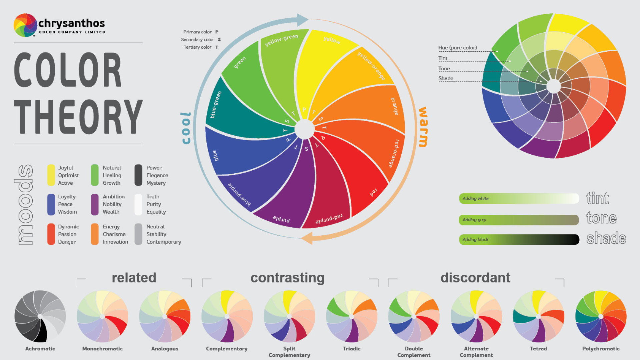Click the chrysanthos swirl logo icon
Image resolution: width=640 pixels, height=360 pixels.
point(25,25)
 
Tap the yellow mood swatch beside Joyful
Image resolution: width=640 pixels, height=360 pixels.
point(51,175)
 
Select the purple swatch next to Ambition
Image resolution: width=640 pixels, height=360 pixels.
point(95,204)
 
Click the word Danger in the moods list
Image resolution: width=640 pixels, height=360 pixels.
point(67,242)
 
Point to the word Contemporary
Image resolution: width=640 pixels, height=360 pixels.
point(164,242)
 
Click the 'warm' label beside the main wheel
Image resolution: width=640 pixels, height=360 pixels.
point(423,127)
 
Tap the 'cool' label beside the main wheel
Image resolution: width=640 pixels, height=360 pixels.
point(186,128)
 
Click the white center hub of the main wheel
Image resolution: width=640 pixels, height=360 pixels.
point(304,129)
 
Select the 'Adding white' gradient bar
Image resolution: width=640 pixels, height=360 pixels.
point(519,198)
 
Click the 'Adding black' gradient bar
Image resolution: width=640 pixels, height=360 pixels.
point(519,239)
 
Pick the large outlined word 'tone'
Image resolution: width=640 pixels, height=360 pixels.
point(601,218)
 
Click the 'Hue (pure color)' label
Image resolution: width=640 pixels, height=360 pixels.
point(457,48)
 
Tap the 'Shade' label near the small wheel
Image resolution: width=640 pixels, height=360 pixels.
point(446,79)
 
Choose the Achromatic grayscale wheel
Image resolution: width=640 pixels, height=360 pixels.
point(40,316)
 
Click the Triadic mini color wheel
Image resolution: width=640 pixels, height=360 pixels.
point(351,316)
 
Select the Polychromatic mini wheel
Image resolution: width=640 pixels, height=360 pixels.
point(601,316)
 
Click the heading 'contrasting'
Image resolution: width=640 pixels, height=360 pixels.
point(287,278)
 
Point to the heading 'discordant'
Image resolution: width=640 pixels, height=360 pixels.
point(475,278)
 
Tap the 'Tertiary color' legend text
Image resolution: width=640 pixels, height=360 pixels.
point(197,47)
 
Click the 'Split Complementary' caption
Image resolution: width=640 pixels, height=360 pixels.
point(289,352)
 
